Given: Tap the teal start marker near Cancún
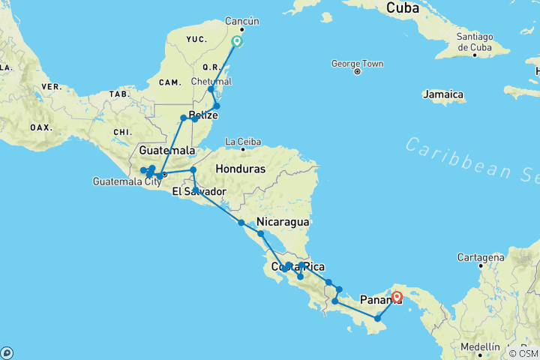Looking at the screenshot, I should tap(237, 41).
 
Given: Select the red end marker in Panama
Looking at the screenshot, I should tap(397, 297).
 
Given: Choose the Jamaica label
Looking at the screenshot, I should tap(444, 94).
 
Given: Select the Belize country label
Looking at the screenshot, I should tap(203, 115).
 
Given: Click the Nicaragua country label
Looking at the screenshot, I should tap(283, 222).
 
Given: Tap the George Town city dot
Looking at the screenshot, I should tap(357, 71).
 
